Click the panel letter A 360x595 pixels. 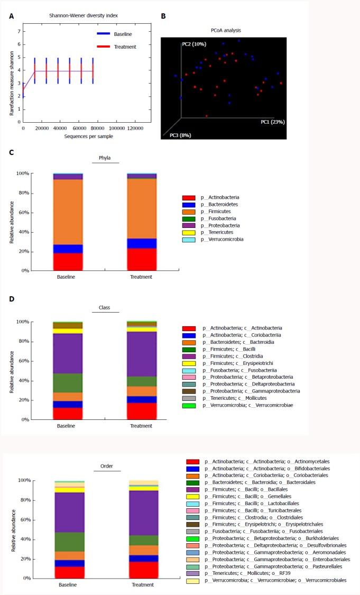tap(12, 16)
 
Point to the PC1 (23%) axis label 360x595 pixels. tap(272, 122)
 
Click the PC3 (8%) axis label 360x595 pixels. tap(180, 135)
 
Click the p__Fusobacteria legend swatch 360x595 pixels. tap(189, 218)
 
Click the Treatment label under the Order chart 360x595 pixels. tap(142, 585)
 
